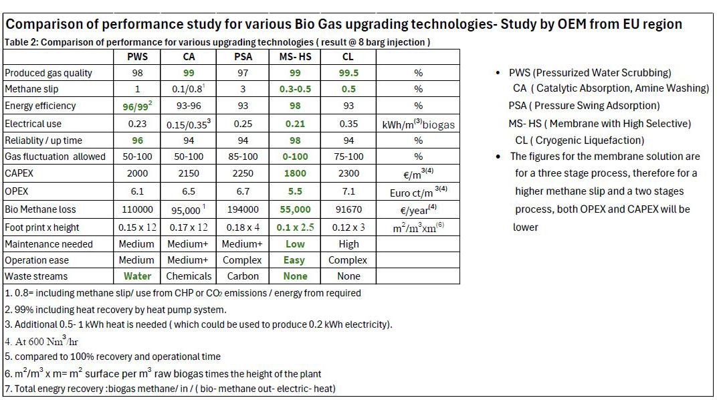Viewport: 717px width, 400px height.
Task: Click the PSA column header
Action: [x=243, y=57]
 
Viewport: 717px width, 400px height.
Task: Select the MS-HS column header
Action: [x=295, y=57]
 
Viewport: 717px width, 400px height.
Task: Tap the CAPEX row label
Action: [x=19, y=173]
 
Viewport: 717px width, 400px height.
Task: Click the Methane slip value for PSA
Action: [x=243, y=89]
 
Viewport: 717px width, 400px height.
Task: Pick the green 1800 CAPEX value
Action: [x=295, y=173]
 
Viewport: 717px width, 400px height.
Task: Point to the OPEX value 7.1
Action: [x=348, y=191]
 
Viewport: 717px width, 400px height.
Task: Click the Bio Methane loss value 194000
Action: [x=243, y=209]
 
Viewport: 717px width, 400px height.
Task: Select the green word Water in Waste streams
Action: [x=137, y=276]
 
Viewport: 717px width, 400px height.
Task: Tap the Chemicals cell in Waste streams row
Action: [x=189, y=276]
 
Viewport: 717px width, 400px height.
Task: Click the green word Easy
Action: [x=294, y=260]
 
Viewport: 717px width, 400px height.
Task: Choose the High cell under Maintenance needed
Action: [x=348, y=244]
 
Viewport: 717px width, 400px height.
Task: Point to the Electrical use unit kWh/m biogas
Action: [x=419, y=124]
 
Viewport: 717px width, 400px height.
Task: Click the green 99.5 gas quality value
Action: [x=348, y=73]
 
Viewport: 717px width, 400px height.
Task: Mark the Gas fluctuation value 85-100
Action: [x=243, y=157]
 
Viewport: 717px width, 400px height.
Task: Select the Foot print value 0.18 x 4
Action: [x=243, y=227]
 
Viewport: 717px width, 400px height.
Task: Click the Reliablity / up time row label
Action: [x=43, y=140]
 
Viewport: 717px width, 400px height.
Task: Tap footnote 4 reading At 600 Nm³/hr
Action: [x=41, y=341]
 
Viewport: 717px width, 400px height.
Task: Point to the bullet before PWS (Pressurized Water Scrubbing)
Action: [x=498, y=73]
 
